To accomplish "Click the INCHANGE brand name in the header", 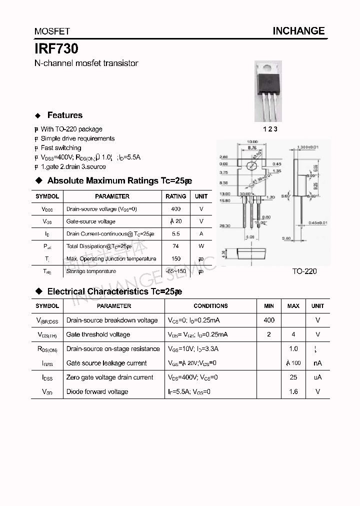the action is click(298, 31).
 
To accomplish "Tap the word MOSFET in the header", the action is click(52, 31).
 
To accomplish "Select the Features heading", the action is click(64, 115).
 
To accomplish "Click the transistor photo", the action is click(268, 90).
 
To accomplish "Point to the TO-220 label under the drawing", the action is click(304, 271).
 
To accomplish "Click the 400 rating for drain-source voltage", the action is click(175, 209).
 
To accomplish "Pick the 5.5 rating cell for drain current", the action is click(175, 233).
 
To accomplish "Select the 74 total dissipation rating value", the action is click(175, 246).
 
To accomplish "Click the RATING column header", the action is click(175, 196).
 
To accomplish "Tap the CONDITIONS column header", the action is click(210, 306).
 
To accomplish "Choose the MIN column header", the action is click(269, 306).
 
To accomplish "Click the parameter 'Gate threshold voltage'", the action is click(98, 334).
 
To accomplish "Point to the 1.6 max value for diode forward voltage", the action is click(293, 391).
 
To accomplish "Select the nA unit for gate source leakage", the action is click(317, 363).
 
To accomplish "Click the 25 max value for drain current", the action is click(293, 377).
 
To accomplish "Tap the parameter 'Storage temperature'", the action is click(91, 271).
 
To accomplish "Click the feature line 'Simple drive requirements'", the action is click(77, 138).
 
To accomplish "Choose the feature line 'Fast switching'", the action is click(61, 148).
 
